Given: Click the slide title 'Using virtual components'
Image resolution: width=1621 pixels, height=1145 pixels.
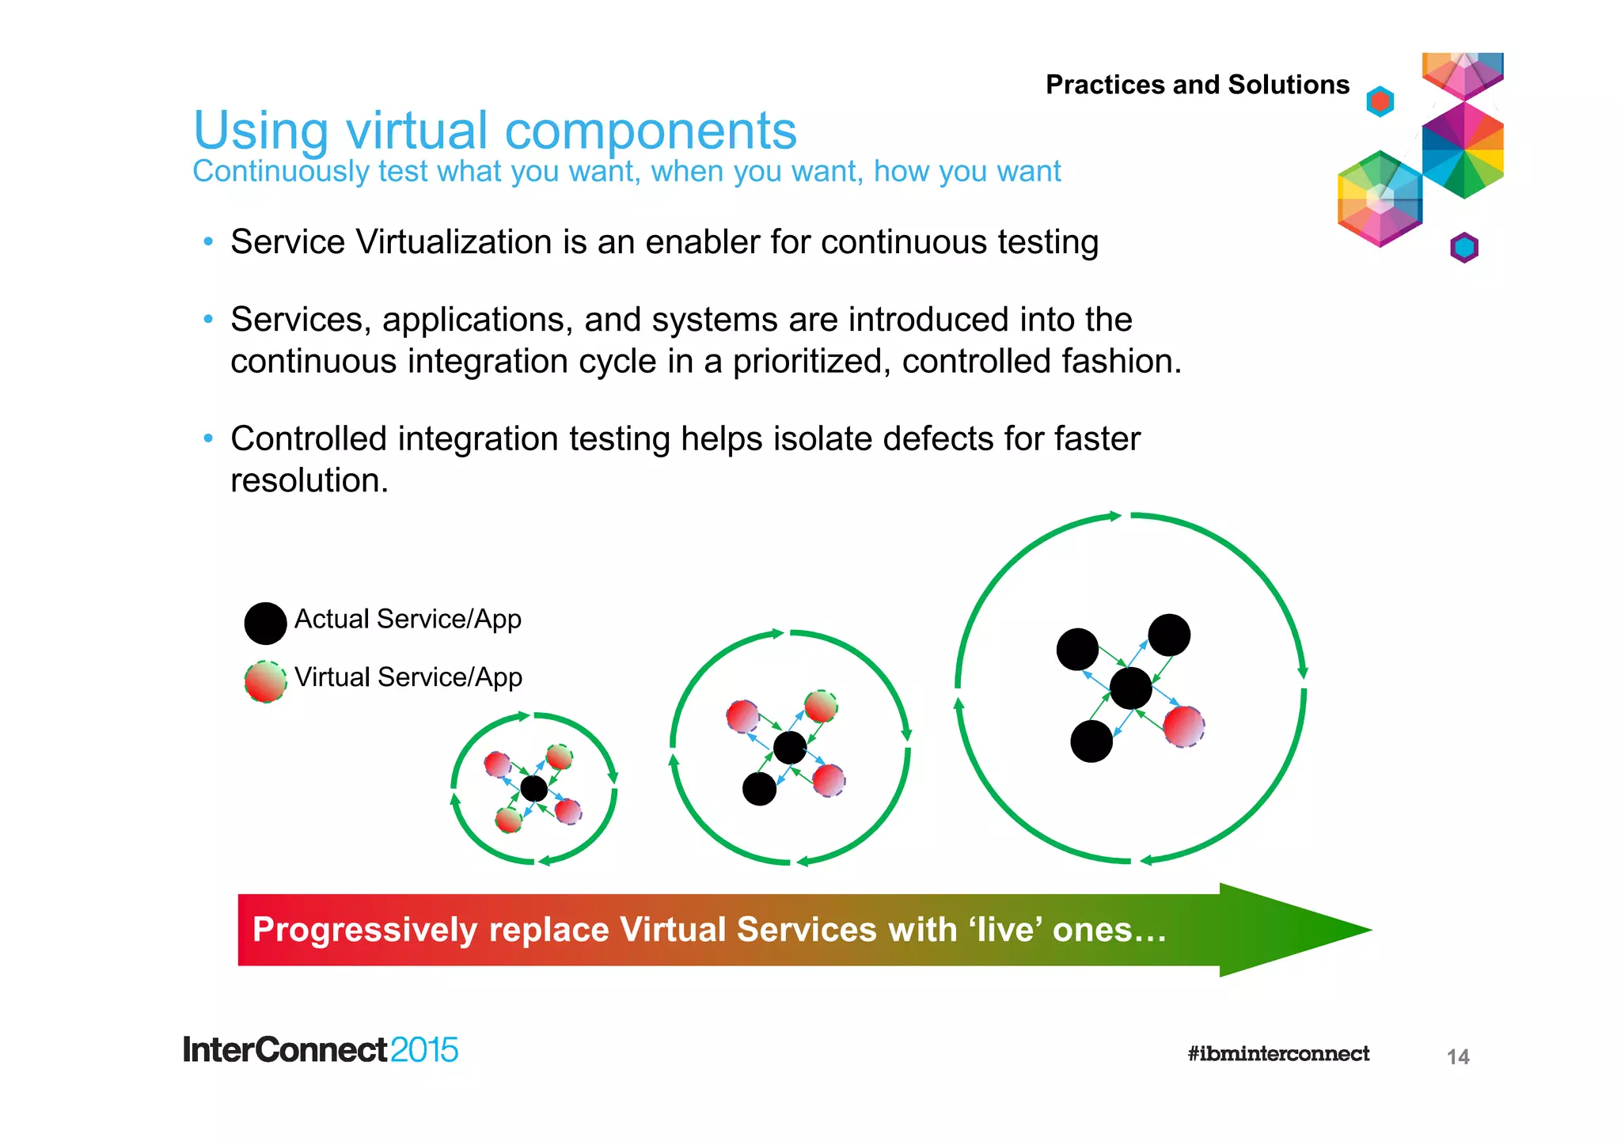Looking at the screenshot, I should [495, 131].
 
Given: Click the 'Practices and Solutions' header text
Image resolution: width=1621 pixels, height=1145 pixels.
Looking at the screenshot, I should [1197, 85].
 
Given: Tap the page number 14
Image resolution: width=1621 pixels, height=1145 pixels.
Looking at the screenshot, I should [1457, 1056].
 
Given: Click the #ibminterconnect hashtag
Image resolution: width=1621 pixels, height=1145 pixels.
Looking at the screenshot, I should [1277, 1053].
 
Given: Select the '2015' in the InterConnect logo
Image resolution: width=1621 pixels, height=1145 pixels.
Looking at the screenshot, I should [423, 1050].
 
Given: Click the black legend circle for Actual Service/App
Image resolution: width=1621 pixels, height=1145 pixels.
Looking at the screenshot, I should [265, 623].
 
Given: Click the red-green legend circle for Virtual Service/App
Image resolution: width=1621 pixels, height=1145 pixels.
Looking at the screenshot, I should [265, 681].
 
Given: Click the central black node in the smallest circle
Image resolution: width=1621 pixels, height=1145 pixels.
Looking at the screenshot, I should [534, 788].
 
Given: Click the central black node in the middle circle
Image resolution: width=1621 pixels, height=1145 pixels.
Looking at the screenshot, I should [789, 747].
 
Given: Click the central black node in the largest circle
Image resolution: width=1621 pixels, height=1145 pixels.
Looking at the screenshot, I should [1130, 688].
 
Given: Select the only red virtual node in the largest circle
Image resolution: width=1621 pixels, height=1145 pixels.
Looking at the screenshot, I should [1183, 726].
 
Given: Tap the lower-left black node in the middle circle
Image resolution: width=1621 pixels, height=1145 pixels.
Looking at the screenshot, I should [759, 788].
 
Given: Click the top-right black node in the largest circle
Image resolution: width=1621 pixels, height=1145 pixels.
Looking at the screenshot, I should [1168, 635].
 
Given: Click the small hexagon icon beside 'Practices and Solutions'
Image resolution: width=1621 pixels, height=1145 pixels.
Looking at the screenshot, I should [1380, 101].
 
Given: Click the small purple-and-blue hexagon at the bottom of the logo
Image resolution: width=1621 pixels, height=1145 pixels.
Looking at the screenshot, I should [1463, 248].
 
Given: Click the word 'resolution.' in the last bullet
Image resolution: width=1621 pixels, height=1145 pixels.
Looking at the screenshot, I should [309, 480].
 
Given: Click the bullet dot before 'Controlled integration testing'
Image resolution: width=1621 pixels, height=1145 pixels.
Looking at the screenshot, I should [208, 438].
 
